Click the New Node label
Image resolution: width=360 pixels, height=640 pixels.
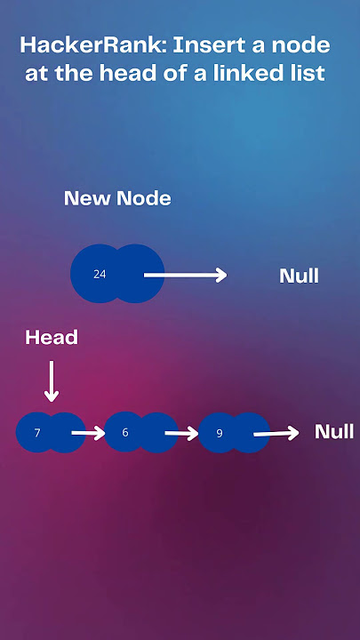[117, 198]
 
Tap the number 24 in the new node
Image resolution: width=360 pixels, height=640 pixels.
[100, 275]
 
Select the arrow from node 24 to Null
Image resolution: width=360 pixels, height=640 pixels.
[185, 275]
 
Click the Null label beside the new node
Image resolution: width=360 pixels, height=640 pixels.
[299, 276]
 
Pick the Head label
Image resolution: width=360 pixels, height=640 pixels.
[52, 338]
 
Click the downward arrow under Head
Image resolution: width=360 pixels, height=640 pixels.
[52, 380]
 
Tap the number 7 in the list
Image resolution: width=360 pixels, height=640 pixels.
[37, 433]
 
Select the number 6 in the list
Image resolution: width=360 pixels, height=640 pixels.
[125, 432]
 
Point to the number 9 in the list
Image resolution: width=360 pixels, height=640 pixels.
[220, 433]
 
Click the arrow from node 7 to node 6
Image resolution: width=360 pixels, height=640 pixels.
[88, 433]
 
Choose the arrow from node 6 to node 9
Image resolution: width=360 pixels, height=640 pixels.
[181, 433]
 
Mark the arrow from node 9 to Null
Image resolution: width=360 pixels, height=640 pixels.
[276, 433]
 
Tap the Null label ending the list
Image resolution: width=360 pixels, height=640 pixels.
[334, 432]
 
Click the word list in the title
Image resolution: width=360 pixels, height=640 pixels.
[313, 73]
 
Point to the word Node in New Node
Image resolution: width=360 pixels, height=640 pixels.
[144, 198]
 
